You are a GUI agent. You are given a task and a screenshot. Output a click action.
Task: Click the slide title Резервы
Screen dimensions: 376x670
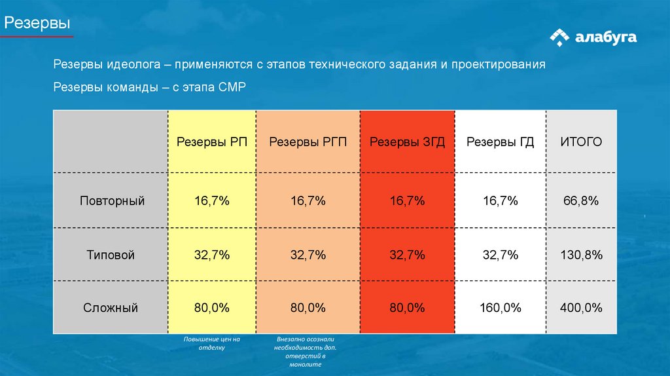pyautogui.click(x=37, y=24)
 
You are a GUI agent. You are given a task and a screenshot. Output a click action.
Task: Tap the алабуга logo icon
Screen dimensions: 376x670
pyautogui.click(x=559, y=38)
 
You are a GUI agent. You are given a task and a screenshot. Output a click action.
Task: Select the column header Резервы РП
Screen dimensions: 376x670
pyautogui.click(x=211, y=142)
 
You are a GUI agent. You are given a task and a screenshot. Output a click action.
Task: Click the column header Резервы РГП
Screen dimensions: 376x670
pyautogui.click(x=308, y=142)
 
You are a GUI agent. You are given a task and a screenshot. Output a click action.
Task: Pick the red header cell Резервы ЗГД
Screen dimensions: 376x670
pyautogui.click(x=407, y=142)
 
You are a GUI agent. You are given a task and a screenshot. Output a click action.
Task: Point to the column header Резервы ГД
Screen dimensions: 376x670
pyautogui.click(x=500, y=142)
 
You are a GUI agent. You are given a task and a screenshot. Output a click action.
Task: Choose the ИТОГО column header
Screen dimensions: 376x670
pyautogui.click(x=580, y=142)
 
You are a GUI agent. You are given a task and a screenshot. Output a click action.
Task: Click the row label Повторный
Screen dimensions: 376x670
pyautogui.click(x=112, y=200)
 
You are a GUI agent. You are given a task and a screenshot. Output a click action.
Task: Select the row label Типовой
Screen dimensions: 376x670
pyautogui.click(x=112, y=255)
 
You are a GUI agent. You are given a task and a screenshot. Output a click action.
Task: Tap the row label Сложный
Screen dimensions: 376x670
pyautogui.click(x=111, y=307)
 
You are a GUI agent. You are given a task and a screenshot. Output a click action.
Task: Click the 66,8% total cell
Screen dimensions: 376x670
pyautogui.click(x=581, y=200)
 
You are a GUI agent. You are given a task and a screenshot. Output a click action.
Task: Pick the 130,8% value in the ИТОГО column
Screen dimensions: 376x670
pyautogui.click(x=581, y=255)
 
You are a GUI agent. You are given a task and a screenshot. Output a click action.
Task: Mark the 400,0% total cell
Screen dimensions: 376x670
pyautogui.click(x=581, y=307)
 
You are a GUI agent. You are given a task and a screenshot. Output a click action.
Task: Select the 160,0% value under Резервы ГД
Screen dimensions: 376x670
pyautogui.click(x=501, y=307)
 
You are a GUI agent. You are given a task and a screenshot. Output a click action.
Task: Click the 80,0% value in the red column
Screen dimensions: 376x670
pyautogui.click(x=407, y=307)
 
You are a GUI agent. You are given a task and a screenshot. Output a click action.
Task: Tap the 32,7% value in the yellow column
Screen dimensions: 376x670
pyautogui.click(x=211, y=255)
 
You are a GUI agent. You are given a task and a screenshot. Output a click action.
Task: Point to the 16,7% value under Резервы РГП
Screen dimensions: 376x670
pyautogui.click(x=308, y=200)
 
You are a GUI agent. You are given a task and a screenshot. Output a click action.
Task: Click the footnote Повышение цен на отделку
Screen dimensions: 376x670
pyautogui.click(x=212, y=343)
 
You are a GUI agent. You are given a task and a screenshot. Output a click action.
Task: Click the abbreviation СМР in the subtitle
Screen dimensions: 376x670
pyautogui.click(x=232, y=88)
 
